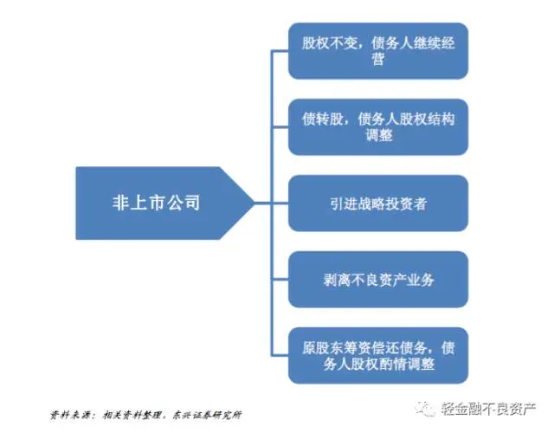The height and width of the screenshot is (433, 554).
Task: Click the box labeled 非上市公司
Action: click(156, 204)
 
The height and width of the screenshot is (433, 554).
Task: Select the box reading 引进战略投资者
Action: click(377, 204)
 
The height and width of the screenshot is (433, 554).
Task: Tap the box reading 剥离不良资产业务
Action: click(377, 280)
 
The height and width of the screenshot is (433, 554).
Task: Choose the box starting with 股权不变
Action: click(377, 51)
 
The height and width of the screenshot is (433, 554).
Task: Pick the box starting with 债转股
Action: click(377, 127)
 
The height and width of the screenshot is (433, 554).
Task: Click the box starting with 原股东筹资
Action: click(377, 355)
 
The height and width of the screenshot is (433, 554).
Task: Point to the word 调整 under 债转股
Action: click(378, 137)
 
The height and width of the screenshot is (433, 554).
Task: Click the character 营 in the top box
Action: click(378, 61)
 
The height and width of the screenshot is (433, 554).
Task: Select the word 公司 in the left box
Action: click(184, 204)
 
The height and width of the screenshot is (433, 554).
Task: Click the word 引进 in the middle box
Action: click(341, 204)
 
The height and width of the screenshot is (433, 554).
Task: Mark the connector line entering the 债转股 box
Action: click(279, 127)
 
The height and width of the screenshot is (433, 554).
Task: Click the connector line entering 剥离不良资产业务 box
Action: click(279, 280)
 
